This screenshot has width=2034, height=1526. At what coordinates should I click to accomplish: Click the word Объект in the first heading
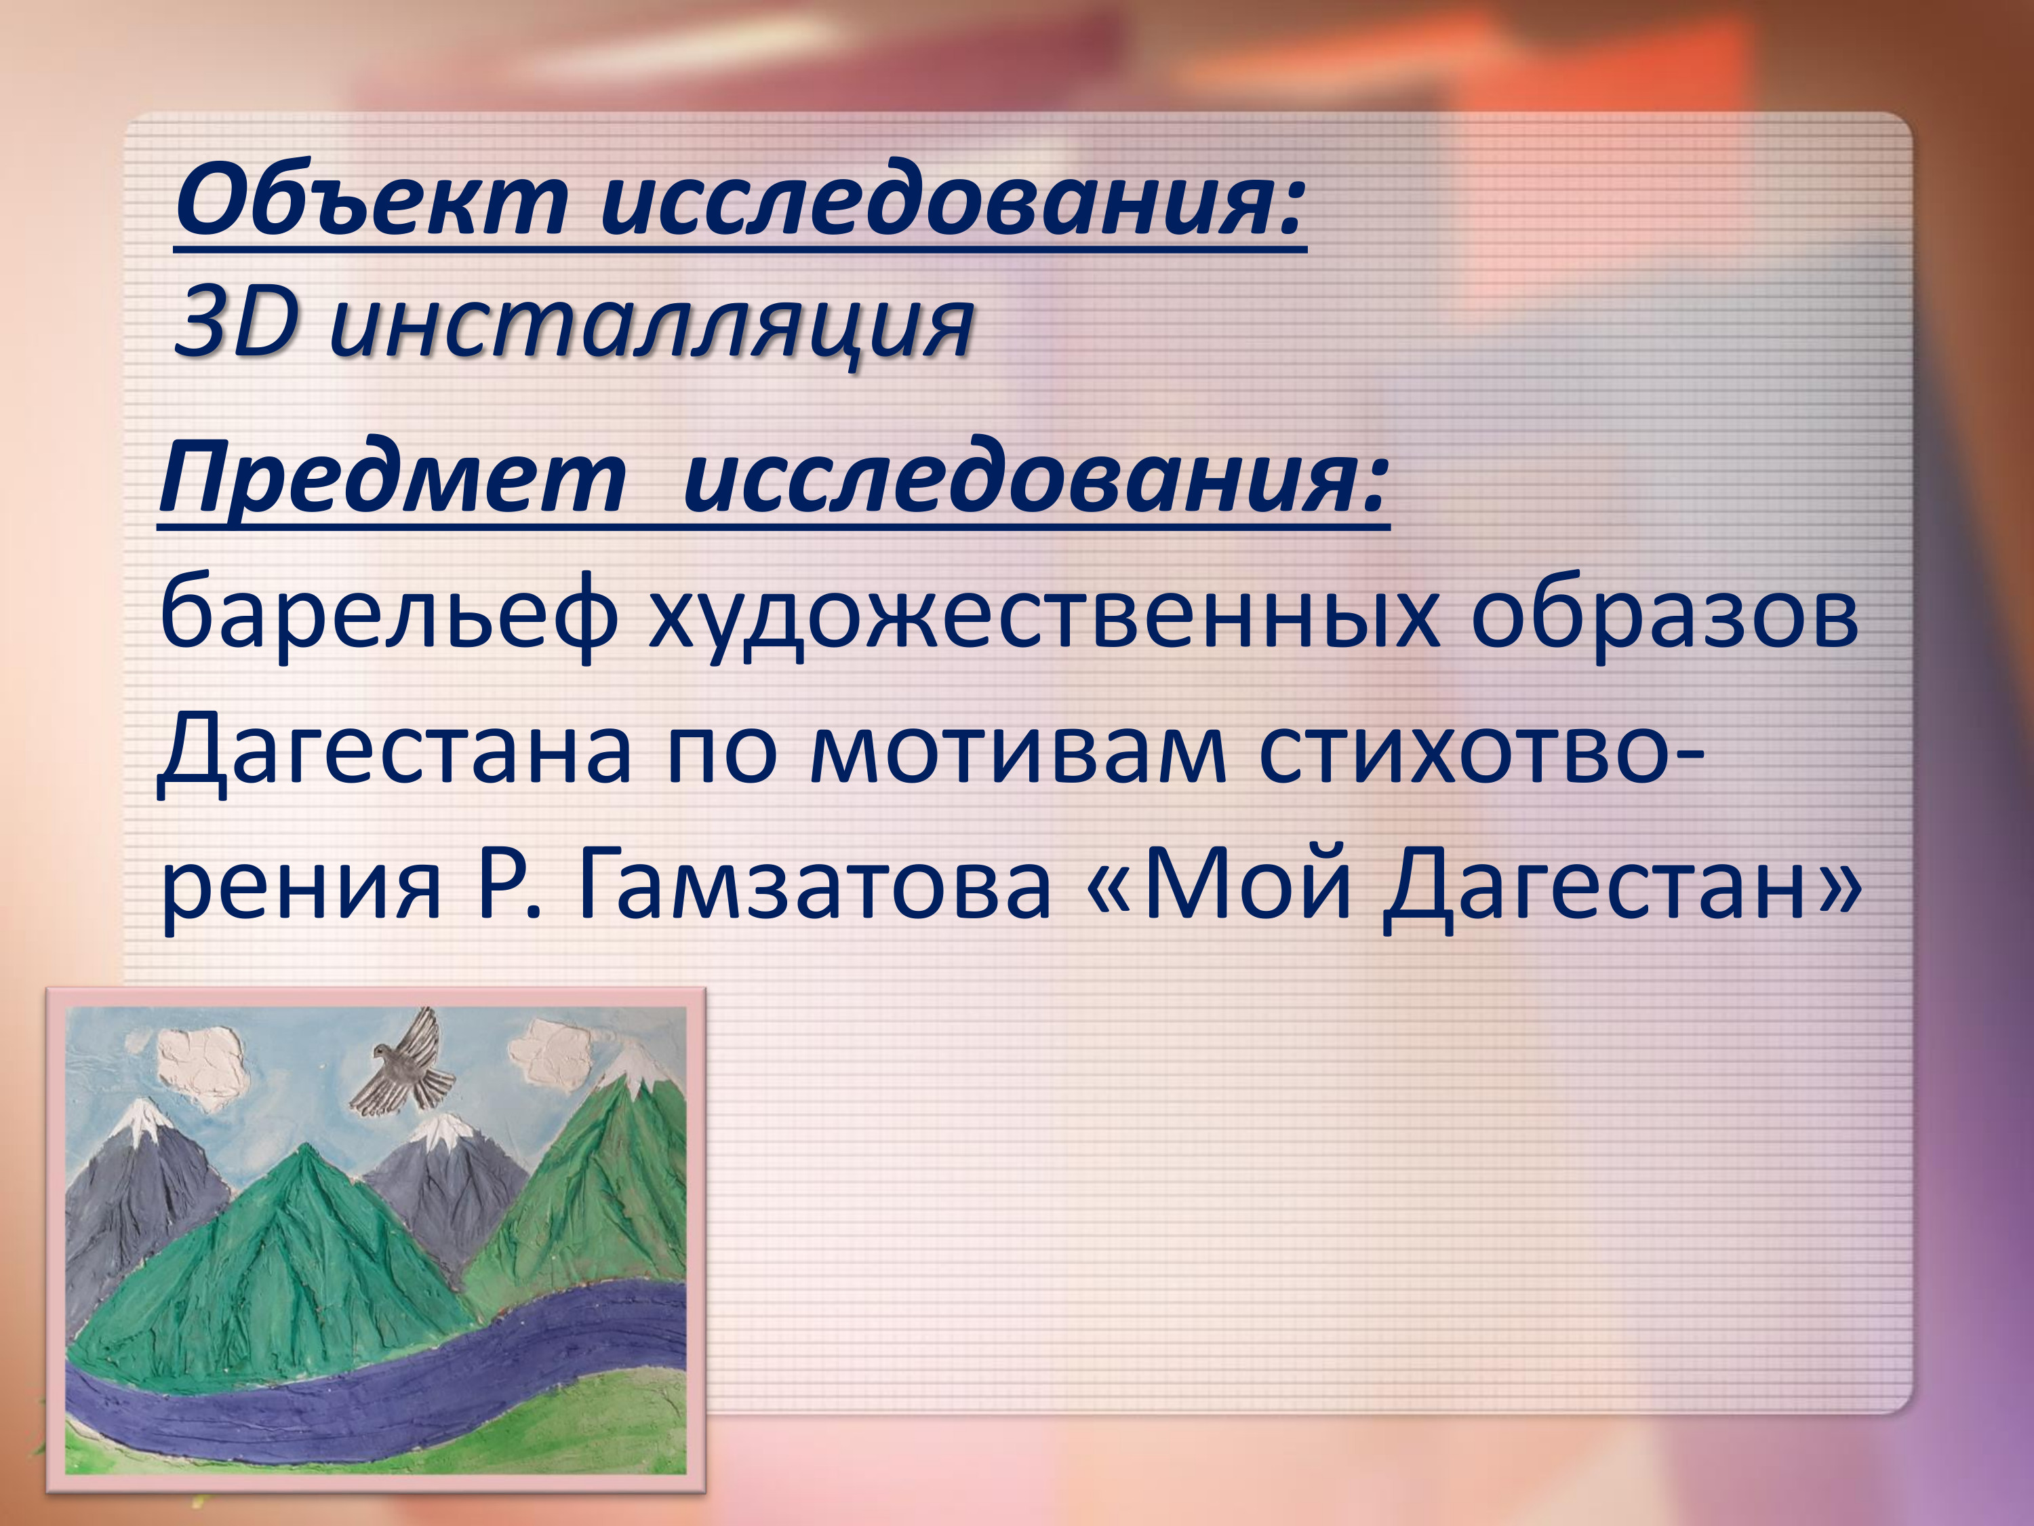pyautogui.click(x=372, y=199)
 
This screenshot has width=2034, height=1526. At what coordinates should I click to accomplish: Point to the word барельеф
pyautogui.click(x=387, y=615)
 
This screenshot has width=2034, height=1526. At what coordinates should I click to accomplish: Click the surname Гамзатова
pyautogui.click(x=814, y=886)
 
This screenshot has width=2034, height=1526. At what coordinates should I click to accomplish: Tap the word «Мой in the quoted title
pyautogui.click(x=1219, y=885)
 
